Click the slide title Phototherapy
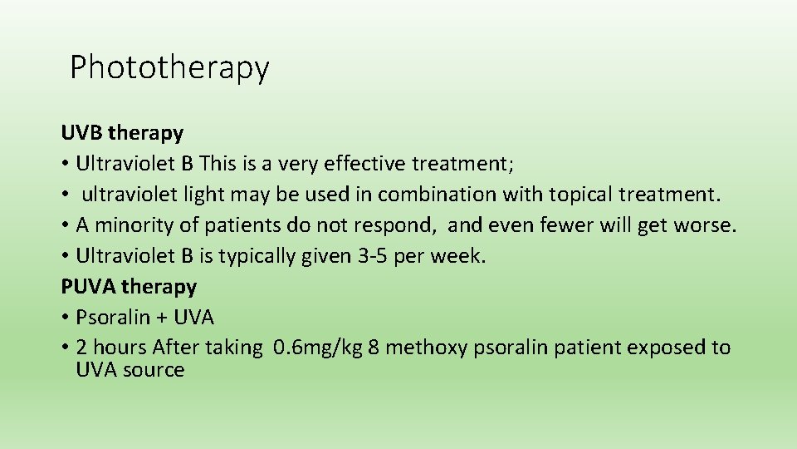[x=169, y=67]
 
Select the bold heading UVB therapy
[x=122, y=133]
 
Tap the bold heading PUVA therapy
[x=129, y=287]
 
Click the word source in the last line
[x=154, y=370]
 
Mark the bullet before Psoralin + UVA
[x=65, y=318]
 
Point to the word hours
[x=120, y=348]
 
